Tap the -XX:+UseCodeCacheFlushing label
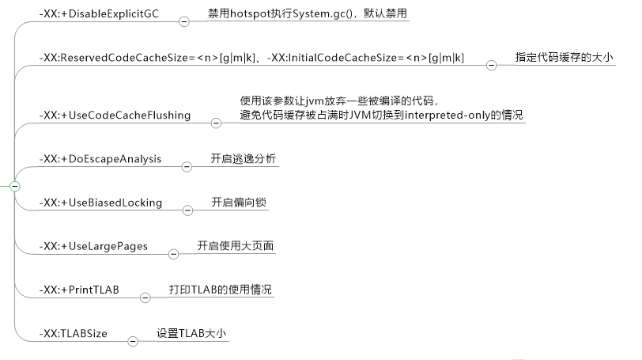pyautogui.click(x=115, y=115)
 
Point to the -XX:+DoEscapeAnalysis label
pyautogui.click(x=100, y=159)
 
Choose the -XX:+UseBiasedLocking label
pyautogui.click(x=100, y=203)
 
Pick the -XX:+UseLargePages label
pyautogui.click(x=93, y=246)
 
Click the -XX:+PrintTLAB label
pyautogui.click(x=78, y=290)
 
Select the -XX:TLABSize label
pyautogui.click(x=73, y=333)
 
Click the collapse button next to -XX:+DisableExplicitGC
pyautogui.click(x=184, y=22)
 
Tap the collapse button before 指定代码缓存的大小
pyautogui.click(x=491, y=66)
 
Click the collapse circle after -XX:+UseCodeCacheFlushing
pyautogui.click(x=216, y=123)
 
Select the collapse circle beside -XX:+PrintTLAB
pyautogui.click(x=145, y=297)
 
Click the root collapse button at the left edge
pyautogui.click(x=14, y=186)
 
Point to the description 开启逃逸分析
pyautogui.click(x=244, y=159)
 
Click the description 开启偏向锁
pyautogui.click(x=239, y=203)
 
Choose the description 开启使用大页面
pyautogui.click(x=236, y=246)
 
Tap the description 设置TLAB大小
pyautogui.click(x=191, y=333)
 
